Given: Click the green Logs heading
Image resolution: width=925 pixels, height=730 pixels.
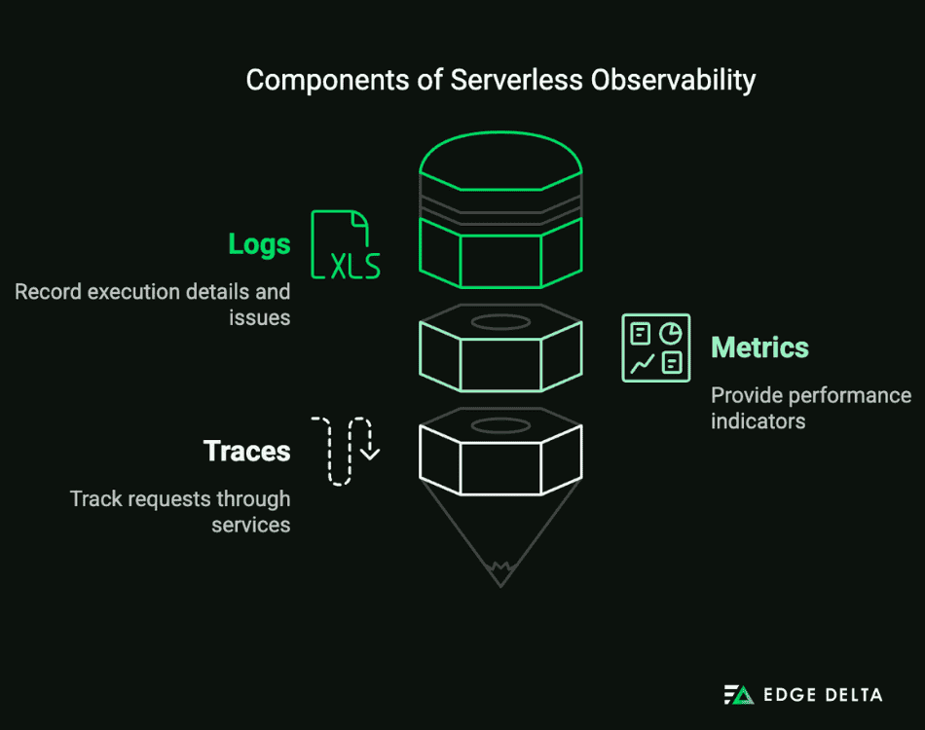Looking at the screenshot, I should click(259, 244).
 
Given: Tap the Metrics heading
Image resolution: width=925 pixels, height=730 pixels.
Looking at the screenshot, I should click(759, 347).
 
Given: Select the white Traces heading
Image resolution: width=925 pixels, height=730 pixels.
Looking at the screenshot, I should click(246, 452).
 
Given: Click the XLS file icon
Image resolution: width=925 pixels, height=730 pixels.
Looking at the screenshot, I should click(345, 244).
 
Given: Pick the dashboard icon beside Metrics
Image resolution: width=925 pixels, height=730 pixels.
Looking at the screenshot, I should click(655, 347).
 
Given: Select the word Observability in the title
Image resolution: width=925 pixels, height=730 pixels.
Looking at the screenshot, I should click(674, 80).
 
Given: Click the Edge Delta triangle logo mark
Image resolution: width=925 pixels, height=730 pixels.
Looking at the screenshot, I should click(738, 695).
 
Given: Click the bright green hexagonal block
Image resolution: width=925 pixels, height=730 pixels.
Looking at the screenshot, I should click(500, 253).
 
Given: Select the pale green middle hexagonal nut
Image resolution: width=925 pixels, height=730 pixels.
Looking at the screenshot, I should click(500, 356).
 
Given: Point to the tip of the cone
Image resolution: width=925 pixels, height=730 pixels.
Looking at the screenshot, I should click(500, 582).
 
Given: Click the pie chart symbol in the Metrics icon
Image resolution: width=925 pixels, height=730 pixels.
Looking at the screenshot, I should click(670, 333).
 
